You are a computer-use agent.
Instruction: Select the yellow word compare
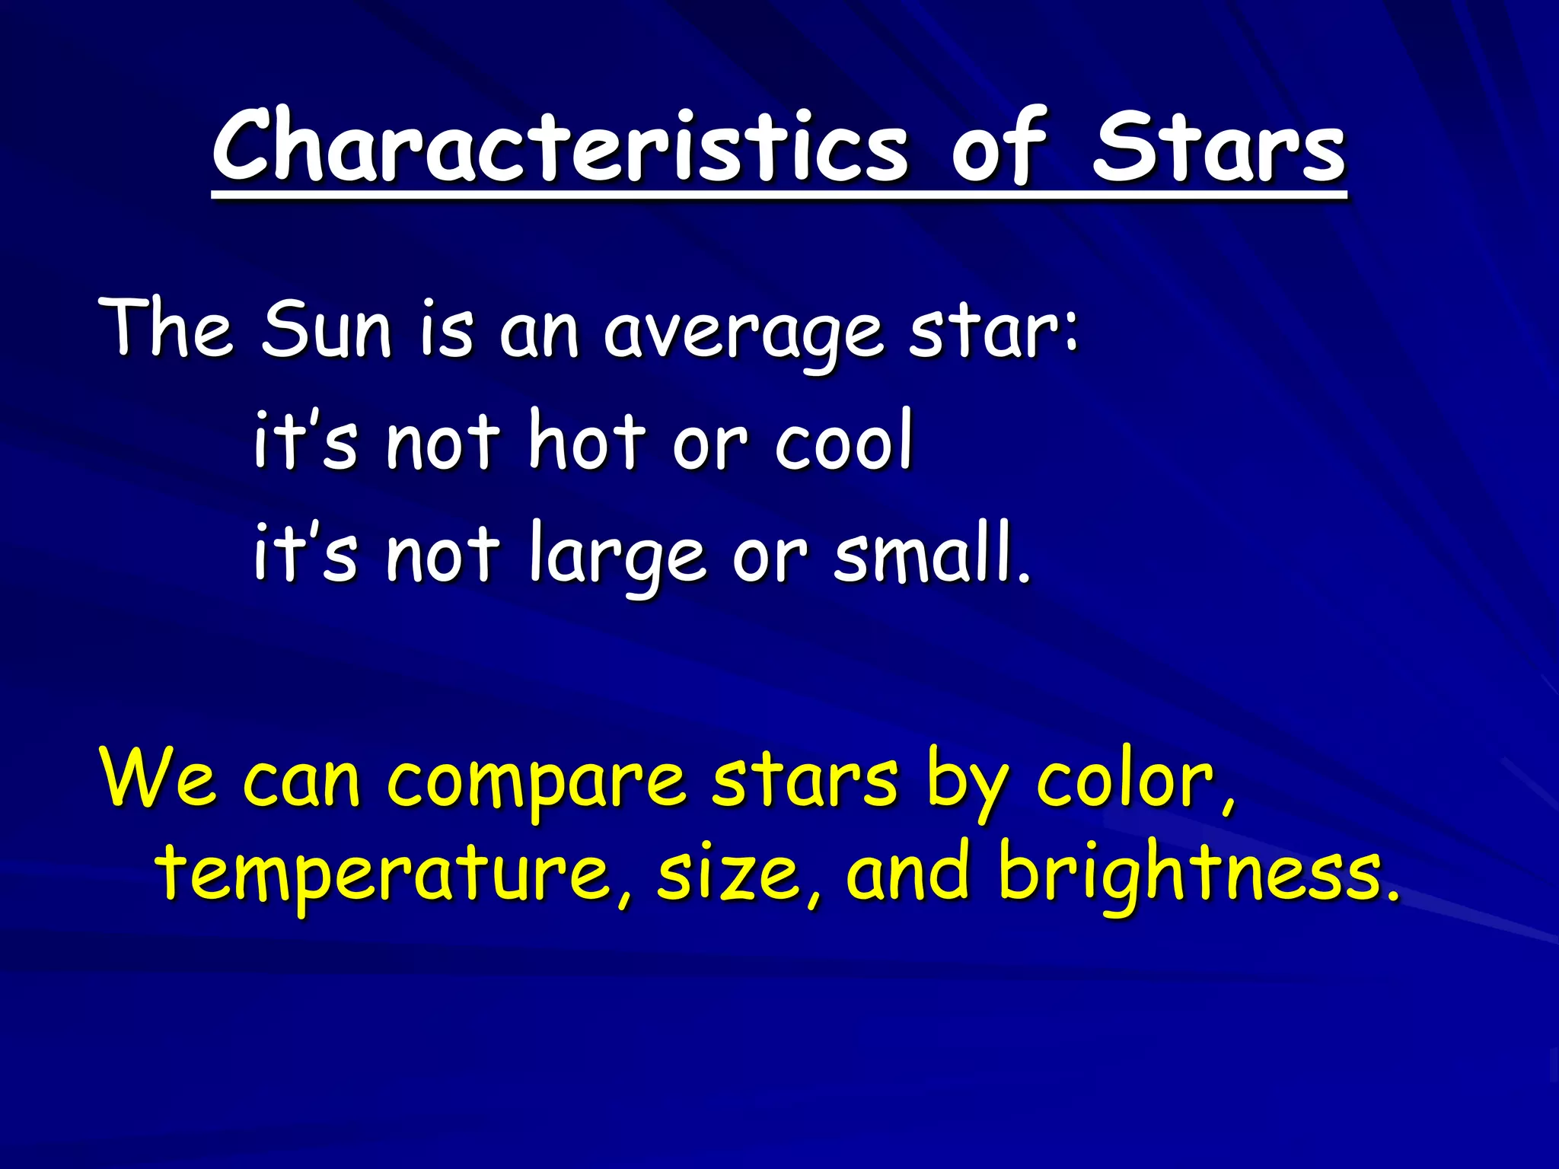[537, 784]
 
